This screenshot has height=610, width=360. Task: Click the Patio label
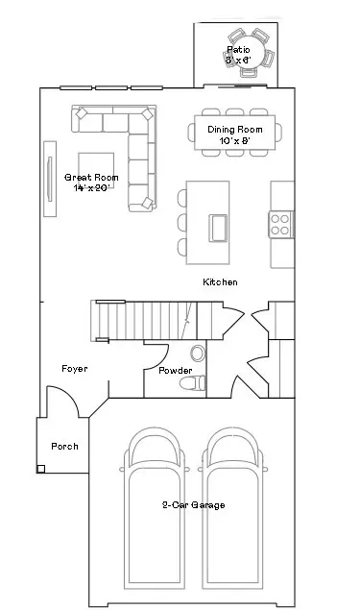tap(238, 50)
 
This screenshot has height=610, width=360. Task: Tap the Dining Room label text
tap(235, 130)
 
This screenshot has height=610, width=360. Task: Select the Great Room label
tap(91, 178)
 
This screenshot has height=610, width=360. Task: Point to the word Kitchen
tap(220, 282)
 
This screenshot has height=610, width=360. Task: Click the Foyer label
tap(75, 369)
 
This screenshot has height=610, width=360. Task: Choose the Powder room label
tap(176, 371)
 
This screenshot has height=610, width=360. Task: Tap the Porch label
tap(64, 447)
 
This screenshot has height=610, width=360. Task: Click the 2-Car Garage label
tap(193, 505)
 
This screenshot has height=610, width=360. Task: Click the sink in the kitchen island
tap(218, 228)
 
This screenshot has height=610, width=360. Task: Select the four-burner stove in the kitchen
tap(280, 225)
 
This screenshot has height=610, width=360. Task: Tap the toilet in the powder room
tap(192, 382)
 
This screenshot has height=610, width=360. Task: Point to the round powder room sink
tap(198, 353)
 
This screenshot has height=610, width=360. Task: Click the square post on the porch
tap(41, 469)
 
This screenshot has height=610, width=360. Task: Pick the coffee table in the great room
tap(96, 171)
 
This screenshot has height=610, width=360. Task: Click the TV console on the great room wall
tap(50, 179)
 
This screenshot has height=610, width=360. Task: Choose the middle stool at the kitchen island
tap(182, 222)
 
